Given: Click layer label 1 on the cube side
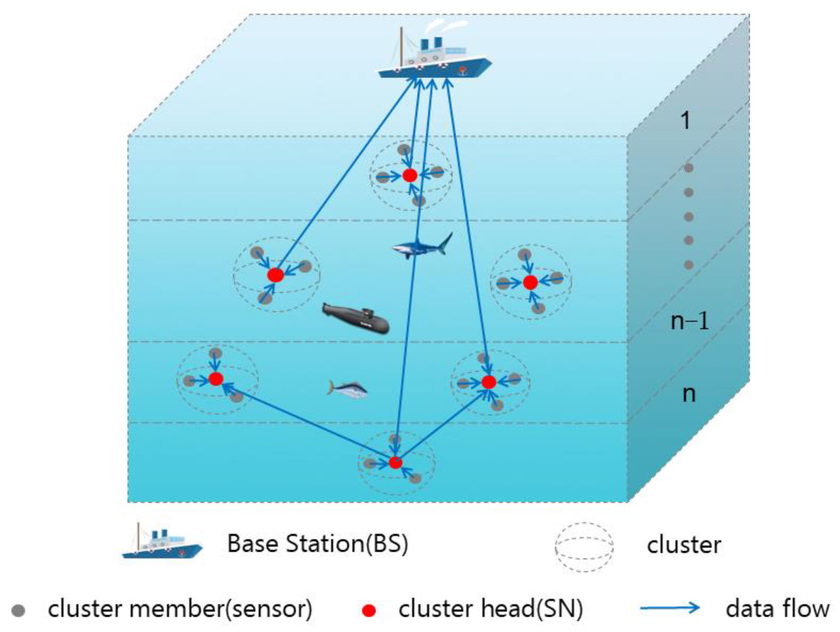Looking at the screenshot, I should coord(685,120).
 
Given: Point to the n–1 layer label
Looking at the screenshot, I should coord(689,321).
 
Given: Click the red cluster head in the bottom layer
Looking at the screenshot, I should coord(395,462).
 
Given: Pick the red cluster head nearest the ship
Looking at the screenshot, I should coord(410,175).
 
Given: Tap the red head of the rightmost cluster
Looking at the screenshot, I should coord(530,282).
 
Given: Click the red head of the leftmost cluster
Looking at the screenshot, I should coord(216,379).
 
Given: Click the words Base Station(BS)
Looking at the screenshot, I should coord(317,544).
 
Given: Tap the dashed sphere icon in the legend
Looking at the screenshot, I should coord(584,547).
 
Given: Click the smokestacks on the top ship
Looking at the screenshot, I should coord(430,43).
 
